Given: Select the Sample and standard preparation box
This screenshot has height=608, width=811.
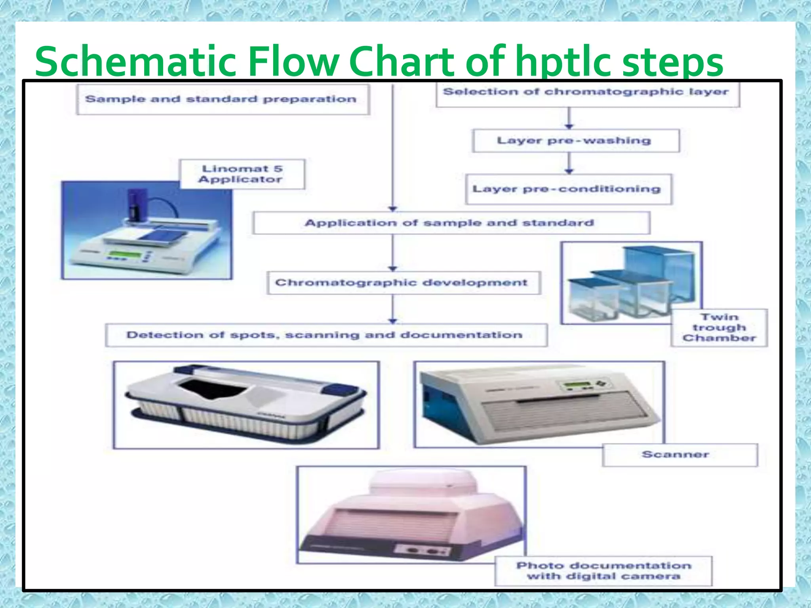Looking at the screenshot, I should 223,99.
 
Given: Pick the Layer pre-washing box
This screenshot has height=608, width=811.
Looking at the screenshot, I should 575,141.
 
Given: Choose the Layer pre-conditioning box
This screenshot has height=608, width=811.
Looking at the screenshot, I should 568,189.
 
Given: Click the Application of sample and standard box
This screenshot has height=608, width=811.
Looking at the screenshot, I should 451,223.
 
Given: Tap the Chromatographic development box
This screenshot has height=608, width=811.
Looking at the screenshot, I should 403,283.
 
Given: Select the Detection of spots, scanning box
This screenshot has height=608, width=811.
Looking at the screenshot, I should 326,335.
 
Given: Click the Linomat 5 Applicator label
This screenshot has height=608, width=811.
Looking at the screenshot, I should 242,174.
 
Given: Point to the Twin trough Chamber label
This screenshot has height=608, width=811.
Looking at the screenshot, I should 719,328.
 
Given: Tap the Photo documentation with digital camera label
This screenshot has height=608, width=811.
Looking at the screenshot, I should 603,571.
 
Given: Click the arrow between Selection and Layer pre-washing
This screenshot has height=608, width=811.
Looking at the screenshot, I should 569,118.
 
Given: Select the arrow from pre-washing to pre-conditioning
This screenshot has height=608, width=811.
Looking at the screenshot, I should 569,163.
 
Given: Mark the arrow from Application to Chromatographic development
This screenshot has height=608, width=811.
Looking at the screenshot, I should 392,253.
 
